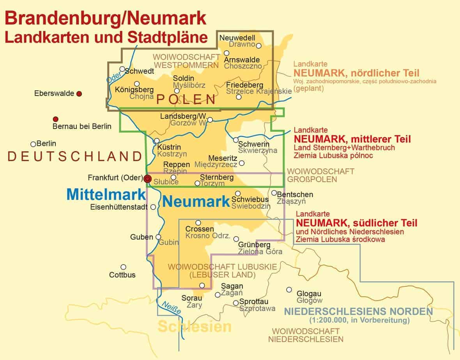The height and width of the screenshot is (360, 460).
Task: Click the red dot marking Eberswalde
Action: (x=79, y=94)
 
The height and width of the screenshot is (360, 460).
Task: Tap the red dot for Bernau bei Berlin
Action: (x=56, y=119)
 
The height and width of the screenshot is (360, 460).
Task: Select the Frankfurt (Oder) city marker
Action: (x=147, y=178)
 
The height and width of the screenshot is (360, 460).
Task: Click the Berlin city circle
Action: (x=33, y=144)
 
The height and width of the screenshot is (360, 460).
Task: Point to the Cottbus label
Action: (x=122, y=275)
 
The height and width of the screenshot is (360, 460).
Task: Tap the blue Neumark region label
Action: (x=195, y=201)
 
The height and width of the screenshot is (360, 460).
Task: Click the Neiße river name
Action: (x=172, y=308)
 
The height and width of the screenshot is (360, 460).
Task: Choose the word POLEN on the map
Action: (x=186, y=99)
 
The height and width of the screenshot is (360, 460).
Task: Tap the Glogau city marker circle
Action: (x=289, y=289)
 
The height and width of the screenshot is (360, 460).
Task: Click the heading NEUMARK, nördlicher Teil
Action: (x=356, y=73)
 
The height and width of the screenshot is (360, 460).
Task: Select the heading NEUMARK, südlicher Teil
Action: (x=356, y=223)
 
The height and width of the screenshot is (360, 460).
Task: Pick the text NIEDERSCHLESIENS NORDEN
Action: (x=359, y=312)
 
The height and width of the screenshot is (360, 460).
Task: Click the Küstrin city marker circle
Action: (x=157, y=141)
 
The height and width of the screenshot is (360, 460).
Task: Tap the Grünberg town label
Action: (x=254, y=245)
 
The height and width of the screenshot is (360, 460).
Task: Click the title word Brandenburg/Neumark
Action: (x=105, y=19)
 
